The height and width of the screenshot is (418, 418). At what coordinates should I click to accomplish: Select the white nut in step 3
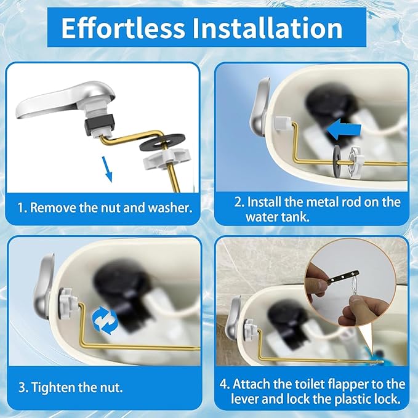[69, 305]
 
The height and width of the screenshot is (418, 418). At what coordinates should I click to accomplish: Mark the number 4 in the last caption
[225, 384]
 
